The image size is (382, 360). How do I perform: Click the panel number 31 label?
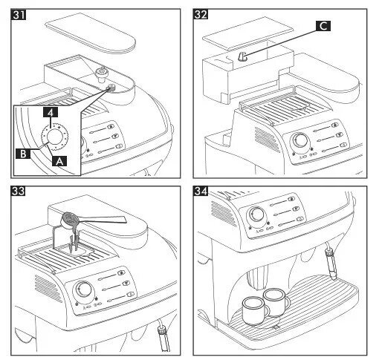[19, 15]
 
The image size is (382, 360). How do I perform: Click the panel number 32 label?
[201, 15]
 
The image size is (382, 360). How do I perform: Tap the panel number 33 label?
[19, 192]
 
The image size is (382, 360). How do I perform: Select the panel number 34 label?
[201, 192]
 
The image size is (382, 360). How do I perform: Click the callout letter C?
[323, 26]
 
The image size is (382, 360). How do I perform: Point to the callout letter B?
[23, 154]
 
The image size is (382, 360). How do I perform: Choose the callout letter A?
[59, 161]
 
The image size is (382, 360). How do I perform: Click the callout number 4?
[51, 113]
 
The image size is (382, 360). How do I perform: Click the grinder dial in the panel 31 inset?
[55, 137]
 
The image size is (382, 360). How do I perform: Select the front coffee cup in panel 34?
[255, 311]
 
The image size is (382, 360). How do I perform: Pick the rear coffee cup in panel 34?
[276, 302]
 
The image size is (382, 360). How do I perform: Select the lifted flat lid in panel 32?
[247, 32]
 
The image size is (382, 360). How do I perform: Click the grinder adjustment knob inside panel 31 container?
[102, 74]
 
